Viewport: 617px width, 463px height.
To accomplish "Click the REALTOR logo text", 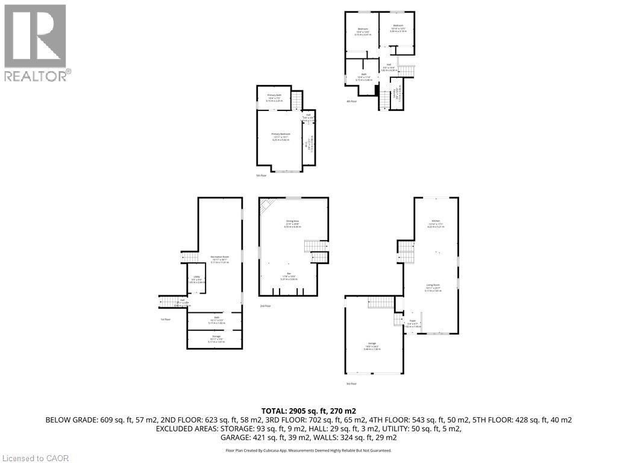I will [36, 76].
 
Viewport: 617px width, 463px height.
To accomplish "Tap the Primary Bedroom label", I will [280, 134].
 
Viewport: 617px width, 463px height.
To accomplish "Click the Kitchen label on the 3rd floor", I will [435, 221].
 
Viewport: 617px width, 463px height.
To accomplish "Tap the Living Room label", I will [434, 286].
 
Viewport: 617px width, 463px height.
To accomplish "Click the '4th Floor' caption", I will [352, 101].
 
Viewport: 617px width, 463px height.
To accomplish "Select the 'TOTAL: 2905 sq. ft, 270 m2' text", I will [308, 410].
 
